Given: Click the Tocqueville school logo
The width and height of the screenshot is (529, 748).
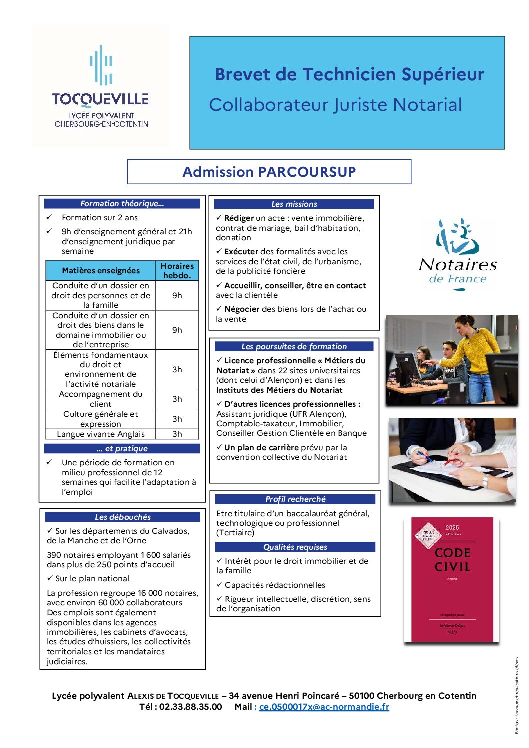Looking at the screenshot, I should [100, 86].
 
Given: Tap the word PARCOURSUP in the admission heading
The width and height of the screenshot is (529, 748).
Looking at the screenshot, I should [307, 172].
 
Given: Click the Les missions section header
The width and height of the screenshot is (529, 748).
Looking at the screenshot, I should [294, 204].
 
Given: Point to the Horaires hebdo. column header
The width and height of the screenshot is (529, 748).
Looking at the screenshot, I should [177, 270].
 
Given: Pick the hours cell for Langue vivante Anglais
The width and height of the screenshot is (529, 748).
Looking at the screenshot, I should [177, 434].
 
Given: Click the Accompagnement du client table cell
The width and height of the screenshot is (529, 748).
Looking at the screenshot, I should [101, 399].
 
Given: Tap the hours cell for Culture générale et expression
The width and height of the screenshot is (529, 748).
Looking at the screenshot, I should [177, 419].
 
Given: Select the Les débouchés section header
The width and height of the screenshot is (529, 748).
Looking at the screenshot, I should [122, 517].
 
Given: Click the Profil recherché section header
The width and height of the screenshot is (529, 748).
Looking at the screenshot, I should [295, 499].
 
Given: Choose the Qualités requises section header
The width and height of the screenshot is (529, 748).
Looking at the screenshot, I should [295, 547].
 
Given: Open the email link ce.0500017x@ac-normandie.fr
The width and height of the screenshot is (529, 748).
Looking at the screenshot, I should [324, 707].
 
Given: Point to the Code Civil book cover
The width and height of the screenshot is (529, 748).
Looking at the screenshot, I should [452, 579].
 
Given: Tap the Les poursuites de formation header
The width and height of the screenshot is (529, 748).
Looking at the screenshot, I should [294, 346].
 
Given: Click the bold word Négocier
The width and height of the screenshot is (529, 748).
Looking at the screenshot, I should [242, 309].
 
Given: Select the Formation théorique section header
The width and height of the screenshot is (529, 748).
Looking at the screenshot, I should [122, 203].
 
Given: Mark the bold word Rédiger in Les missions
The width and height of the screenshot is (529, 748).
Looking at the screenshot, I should [239, 218].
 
